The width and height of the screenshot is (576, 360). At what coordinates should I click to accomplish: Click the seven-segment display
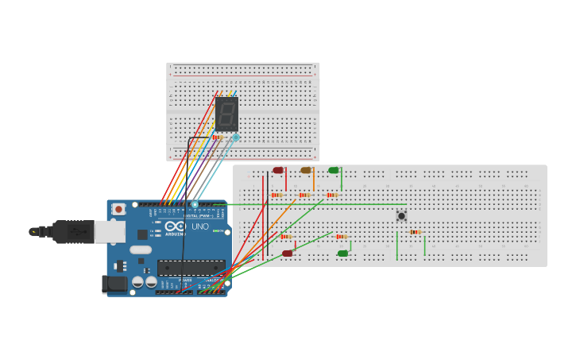(x=226, y=114)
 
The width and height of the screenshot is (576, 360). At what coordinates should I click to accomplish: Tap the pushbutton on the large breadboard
(x=401, y=215)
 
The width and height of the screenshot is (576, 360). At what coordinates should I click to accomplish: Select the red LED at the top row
(x=278, y=170)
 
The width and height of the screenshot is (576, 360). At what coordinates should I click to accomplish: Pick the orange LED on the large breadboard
(x=306, y=170)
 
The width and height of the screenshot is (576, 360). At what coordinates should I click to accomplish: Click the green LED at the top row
(x=334, y=170)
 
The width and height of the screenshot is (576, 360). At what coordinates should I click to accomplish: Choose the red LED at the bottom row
(x=287, y=254)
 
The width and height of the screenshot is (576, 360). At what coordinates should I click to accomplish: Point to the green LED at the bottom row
(x=342, y=254)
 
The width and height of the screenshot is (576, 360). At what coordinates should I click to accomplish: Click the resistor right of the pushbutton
(x=415, y=232)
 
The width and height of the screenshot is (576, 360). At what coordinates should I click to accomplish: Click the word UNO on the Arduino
(x=199, y=226)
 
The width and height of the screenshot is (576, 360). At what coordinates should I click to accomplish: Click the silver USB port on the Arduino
(x=109, y=231)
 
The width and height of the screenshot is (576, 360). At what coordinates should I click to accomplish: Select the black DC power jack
(x=114, y=284)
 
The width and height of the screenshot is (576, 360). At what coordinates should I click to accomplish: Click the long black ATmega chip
(x=191, y=268)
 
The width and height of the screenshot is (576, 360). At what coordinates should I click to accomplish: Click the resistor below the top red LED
(x=276, y=195)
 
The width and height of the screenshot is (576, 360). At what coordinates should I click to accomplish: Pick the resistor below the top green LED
(x=331, y=195)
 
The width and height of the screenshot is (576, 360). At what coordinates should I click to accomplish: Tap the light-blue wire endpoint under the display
(x=235, y=137)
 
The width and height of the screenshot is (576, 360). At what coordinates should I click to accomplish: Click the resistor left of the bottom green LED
(x=341, y=237)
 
